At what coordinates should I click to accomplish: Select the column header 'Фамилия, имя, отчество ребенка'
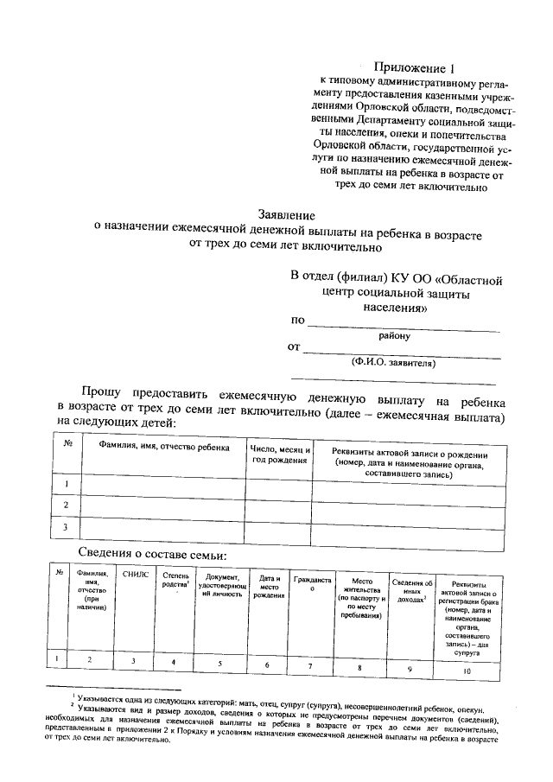click(164, 449)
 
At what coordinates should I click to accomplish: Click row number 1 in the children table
click(67, 485)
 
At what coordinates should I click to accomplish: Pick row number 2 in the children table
click(67, 505)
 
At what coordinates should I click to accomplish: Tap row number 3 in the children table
click(67, 525)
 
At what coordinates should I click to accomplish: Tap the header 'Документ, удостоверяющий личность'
click(222, 584)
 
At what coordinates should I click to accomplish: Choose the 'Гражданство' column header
click(312, 584)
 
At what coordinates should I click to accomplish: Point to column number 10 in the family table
click(467, 670)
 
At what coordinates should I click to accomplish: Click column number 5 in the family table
click(219, 664)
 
